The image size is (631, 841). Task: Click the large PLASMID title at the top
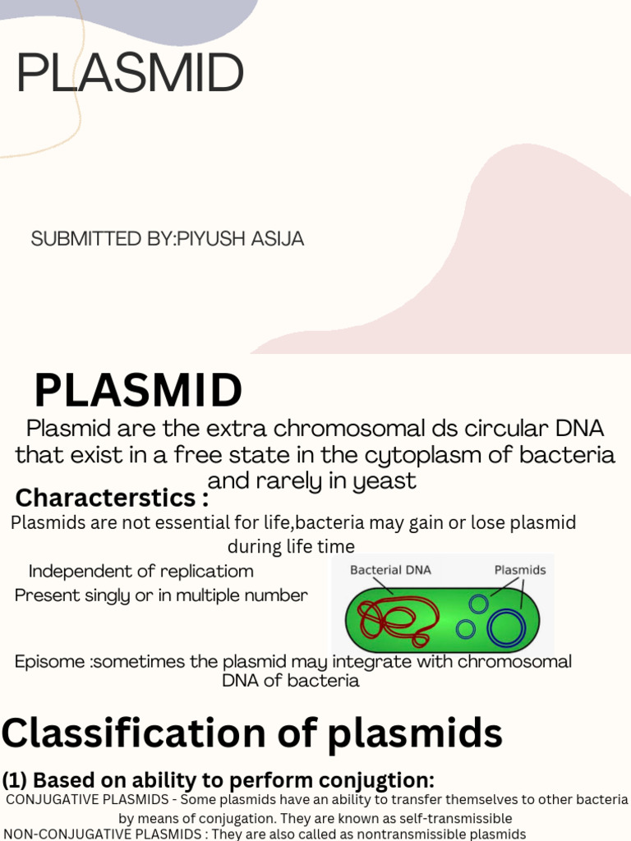[130, 74]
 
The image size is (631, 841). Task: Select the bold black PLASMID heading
[138, 391]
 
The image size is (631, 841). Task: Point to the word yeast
[385, 481]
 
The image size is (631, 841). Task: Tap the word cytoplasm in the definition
[423, 455]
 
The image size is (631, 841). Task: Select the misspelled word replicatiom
[209, 571]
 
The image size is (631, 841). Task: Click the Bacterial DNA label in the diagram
[390, 570]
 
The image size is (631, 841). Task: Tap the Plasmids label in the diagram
[519, 570]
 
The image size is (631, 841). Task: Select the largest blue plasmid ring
[506, 628]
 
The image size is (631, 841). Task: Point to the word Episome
[49, 662]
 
